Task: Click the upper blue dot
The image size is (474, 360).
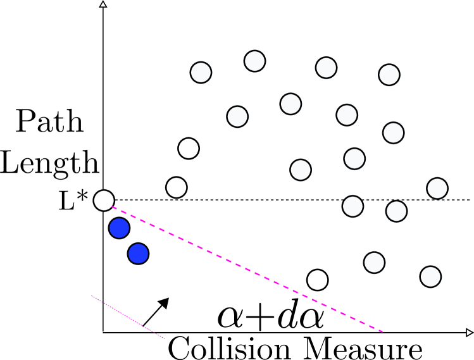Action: pos(119,228)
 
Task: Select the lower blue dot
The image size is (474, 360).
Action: pos(138,254)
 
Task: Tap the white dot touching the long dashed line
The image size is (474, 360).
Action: pos(104,201)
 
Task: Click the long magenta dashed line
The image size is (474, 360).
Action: pos(247,268)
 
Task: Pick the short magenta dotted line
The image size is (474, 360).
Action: pos(128,317)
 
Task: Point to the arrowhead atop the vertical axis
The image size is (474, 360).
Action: pos(103,4)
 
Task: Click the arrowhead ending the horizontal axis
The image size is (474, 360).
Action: pos(469,332)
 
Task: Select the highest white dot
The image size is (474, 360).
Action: pos(254,61)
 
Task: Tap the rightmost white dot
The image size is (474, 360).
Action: pos(437,189)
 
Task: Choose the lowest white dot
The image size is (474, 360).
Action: pos(430,276)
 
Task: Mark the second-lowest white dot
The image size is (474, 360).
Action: pos(374,263)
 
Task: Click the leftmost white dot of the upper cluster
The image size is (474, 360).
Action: pos(201,73)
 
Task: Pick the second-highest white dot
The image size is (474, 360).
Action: pos(326,68)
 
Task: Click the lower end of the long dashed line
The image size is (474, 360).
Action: pos(382,331)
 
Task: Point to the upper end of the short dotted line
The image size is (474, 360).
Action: pos(92,295)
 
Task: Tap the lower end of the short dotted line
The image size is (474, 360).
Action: pos(165,338)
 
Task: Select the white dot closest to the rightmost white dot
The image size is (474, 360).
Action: pos(396,211)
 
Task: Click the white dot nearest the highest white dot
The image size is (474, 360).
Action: pos(290,104)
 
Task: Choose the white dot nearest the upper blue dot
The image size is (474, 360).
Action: pos(104,201)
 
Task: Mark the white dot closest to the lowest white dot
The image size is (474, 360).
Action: pos(374,263)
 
